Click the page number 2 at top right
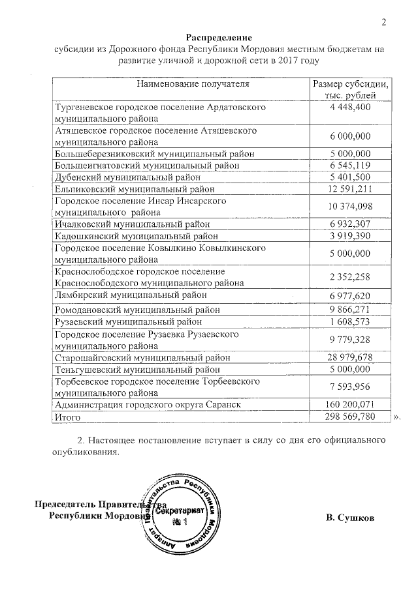(x=384, y=23)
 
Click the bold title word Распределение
(x=218, y=37)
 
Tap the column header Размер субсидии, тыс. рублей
(x=351, y=90)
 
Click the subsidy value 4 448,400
(x=351, y=107)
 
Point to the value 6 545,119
(x=351, y=166)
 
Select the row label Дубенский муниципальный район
(x=133, y=177)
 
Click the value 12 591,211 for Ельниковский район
(x=351, y=189)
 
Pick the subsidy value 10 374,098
(x=351, y=207)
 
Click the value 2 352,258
(x=351, y=277)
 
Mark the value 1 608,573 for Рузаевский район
(x=351, y=321)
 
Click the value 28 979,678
(x=351, y=357)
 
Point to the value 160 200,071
(x=351, y=405)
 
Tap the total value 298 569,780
(x=351, y=417)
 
